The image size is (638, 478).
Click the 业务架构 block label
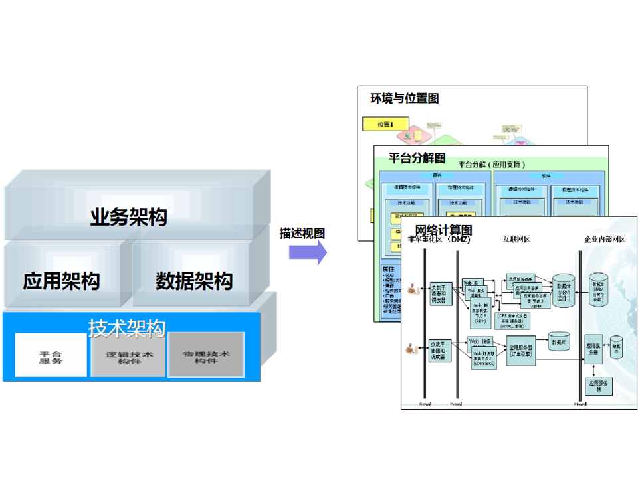pyautogui.click(x=129, y=217)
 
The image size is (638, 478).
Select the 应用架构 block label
pyautogui.click(x=61, y=281)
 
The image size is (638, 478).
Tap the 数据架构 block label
pyautogui.click(x=194, y=281)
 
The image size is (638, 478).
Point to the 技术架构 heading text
pyautogui.click(x=126, y=327)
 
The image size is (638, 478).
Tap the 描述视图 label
pyautogui.click(x=302, y=233)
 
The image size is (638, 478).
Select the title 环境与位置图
pyautogui.click(x=404, y=98)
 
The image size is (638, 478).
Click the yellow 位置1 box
pyautogui.click(x=385, y=124)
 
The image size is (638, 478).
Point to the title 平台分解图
pyautogui.click(x=417, y=158)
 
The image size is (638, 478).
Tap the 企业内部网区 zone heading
pyautogui.click(x=605, y=239)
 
